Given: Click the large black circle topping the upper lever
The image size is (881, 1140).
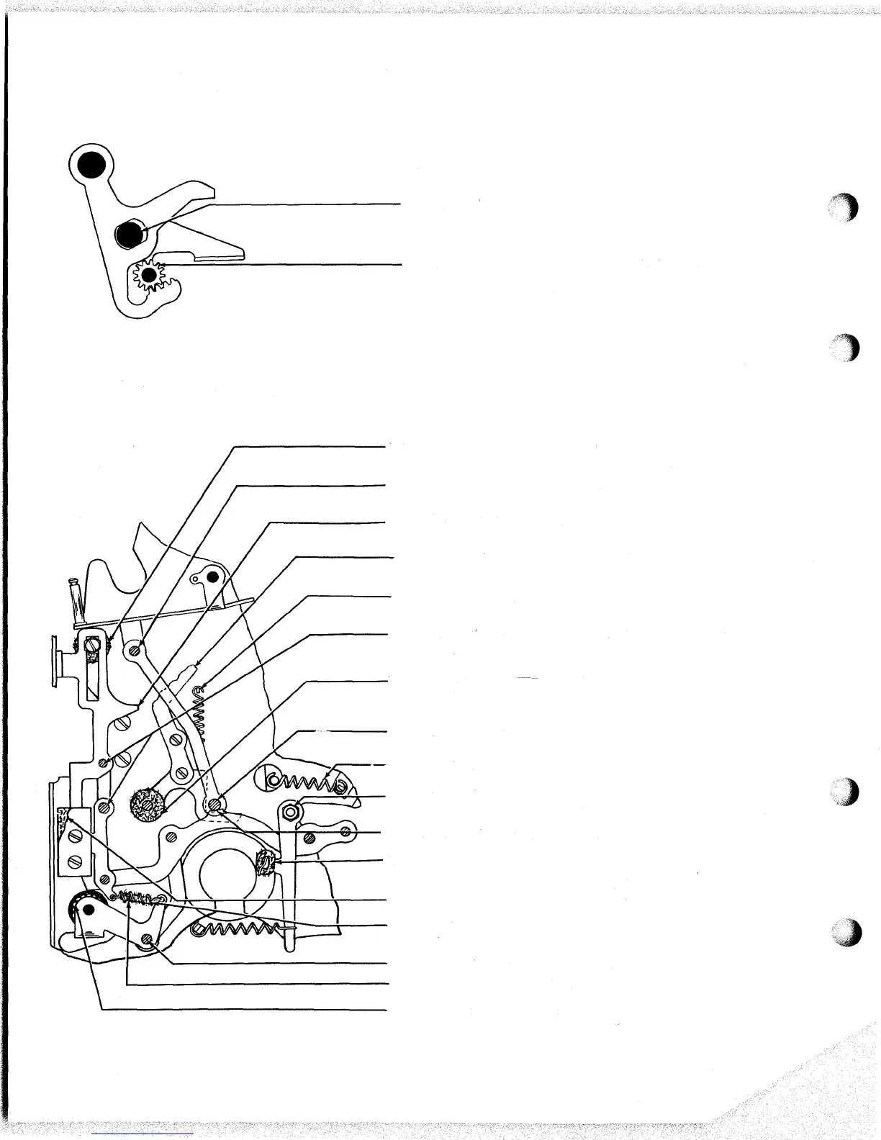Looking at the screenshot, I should click(x=91, y=165).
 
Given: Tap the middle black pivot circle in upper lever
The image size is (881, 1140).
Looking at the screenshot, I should click(x=130, y=233).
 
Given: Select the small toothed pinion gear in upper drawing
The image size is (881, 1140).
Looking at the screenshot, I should click(x=149, y=275).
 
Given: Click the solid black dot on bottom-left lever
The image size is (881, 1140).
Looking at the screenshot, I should click(x=88, y=911).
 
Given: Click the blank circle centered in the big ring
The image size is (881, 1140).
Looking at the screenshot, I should click(x=225, y=869).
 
